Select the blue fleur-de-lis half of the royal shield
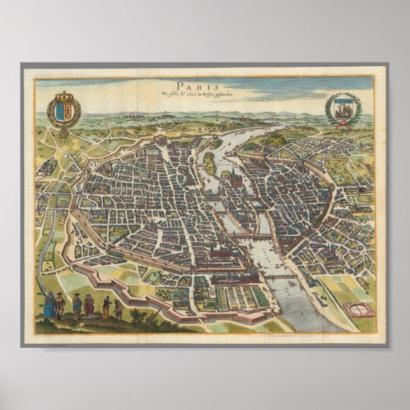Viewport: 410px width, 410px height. coord(58,108)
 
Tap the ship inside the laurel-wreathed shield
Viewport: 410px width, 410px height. coord(343,106)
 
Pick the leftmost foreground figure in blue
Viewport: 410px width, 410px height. coord(48,304)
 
